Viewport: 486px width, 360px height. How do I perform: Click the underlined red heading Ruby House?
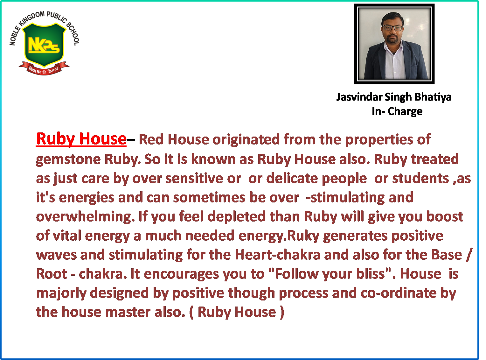[x=81, y=139]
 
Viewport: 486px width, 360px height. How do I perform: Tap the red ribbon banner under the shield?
[x=44, y=68]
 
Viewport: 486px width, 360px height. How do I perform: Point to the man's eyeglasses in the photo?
[x=392, y=28]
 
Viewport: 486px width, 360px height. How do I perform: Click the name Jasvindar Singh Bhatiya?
[x=394, y=97]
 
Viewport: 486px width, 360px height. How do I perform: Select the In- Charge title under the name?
[x=397, y=111]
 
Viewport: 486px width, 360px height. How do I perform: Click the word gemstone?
[x=68, y=159]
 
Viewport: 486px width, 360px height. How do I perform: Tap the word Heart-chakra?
[x=278, y=255]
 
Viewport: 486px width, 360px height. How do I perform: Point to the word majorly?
[x=61, y=293]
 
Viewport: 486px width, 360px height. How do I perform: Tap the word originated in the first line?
[x=246, y=140]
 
